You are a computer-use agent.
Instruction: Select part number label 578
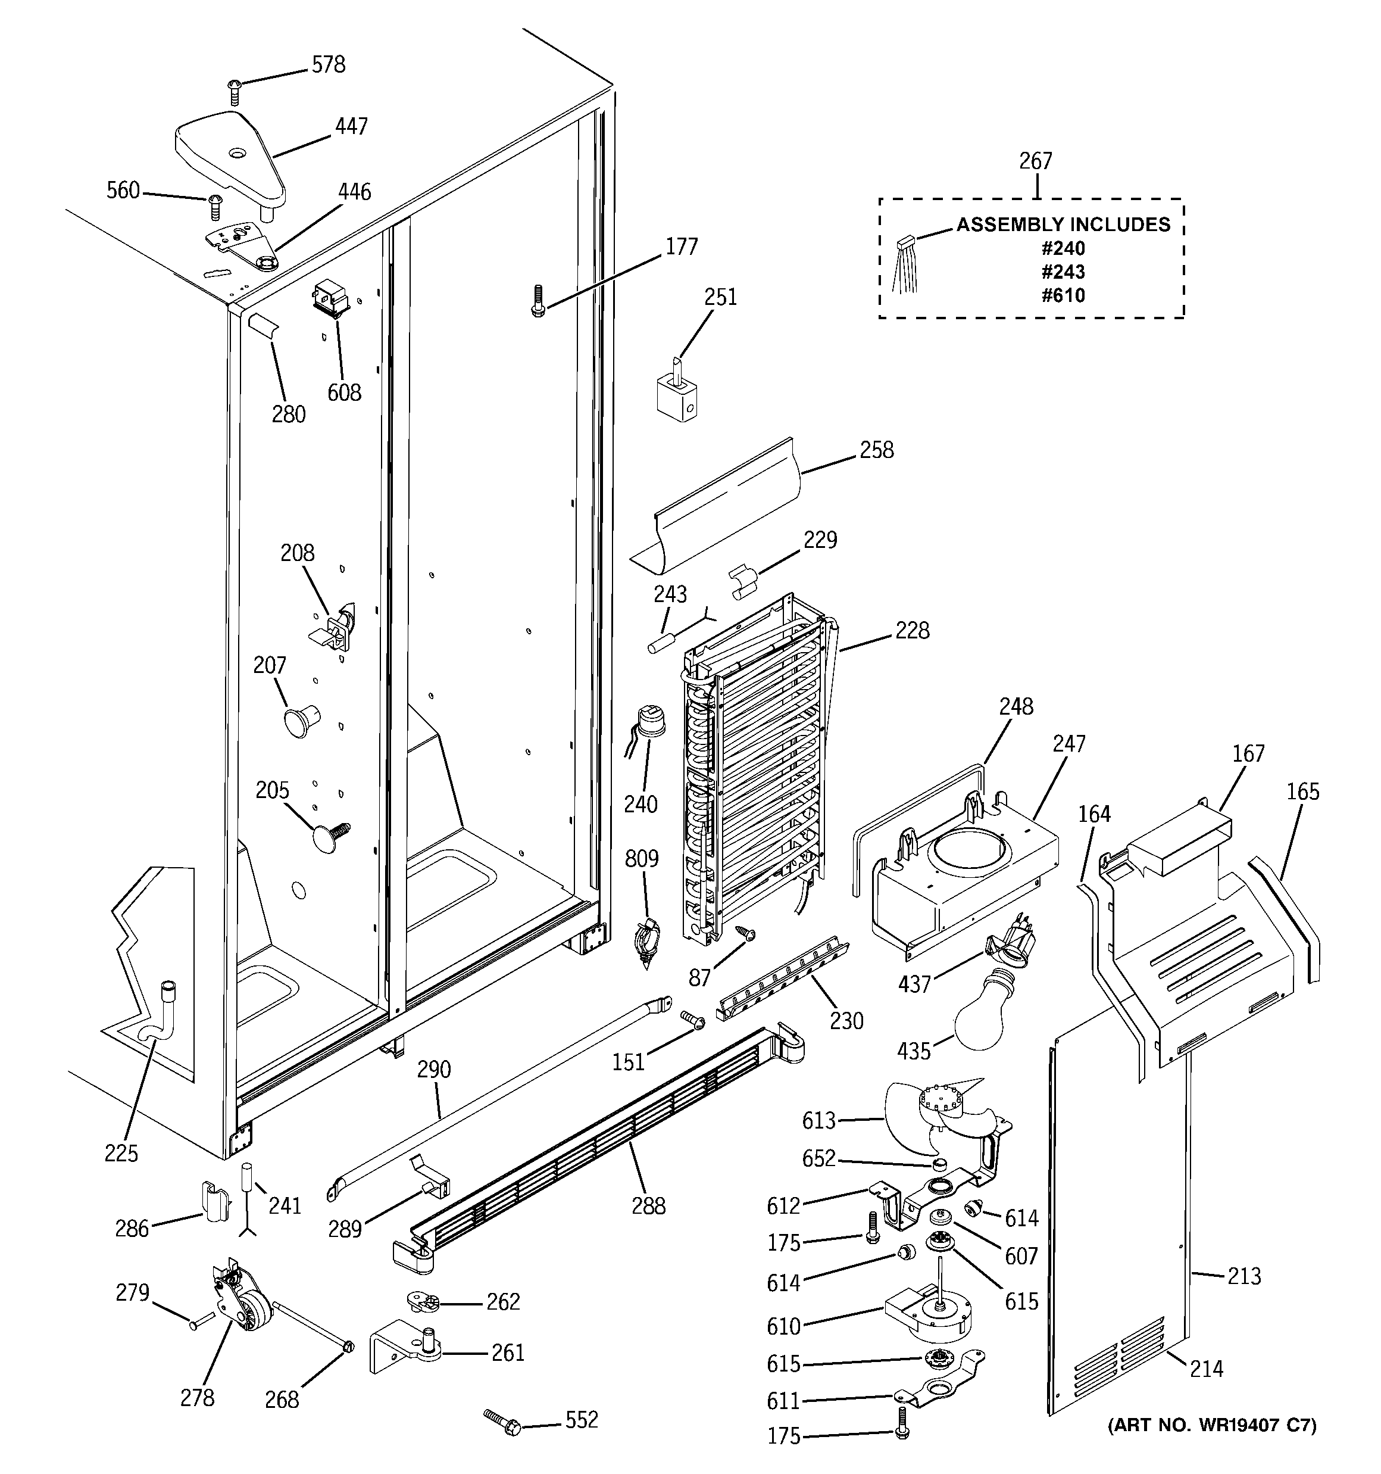pyautogui.click(x=329, y=66)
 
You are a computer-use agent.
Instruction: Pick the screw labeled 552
pyautogui.click(x=502, y=1423)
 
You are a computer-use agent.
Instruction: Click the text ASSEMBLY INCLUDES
pyautogui.click(x=1063, y=225)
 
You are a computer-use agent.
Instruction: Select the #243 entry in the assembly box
pyautogui.click(x=1063, y=272)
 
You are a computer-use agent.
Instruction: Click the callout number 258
pyautogui.click(x=876, y=450)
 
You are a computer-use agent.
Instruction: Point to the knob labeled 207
pyautogui.click(x=300, y=720)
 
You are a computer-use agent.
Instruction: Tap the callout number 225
pyautogui.click(x=121, y=1153)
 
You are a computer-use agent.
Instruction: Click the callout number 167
pyautogui.click(x=1248, y=754)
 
